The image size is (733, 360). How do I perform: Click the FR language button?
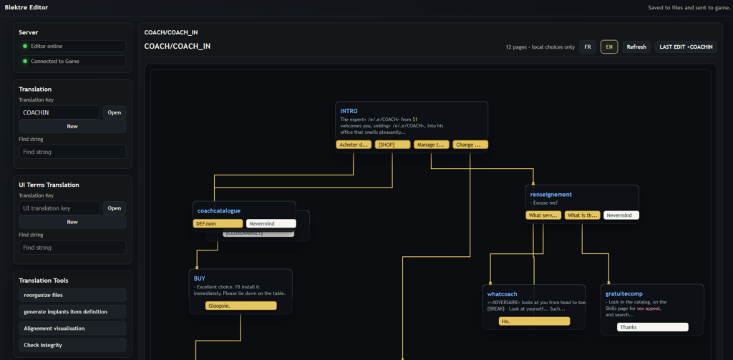[587, 47]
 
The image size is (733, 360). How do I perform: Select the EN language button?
[609, 47]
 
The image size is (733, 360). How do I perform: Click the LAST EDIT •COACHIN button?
[686, 47]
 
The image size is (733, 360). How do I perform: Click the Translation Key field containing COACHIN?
[59, 112]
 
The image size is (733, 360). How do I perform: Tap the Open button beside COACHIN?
[115, 112]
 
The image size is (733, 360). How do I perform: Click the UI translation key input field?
[59, 208]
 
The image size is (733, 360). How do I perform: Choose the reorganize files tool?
[72, 295]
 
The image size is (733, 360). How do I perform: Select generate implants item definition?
[72, 311]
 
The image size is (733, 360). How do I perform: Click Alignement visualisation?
[72, 328]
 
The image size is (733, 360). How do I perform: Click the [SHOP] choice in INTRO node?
[392, 145]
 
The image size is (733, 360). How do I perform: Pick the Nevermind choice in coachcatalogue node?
[271, 223]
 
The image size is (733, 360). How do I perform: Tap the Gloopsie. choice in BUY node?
[232, 306]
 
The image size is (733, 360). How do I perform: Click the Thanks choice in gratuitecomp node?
[652, 327]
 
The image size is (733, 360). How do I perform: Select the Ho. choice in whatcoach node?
[534, 321]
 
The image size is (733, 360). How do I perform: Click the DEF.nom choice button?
[218, 223]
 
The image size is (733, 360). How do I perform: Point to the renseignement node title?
[550, 194]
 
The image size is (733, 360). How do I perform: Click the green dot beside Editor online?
[26, 46]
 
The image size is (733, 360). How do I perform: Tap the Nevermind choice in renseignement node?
[621, 215]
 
